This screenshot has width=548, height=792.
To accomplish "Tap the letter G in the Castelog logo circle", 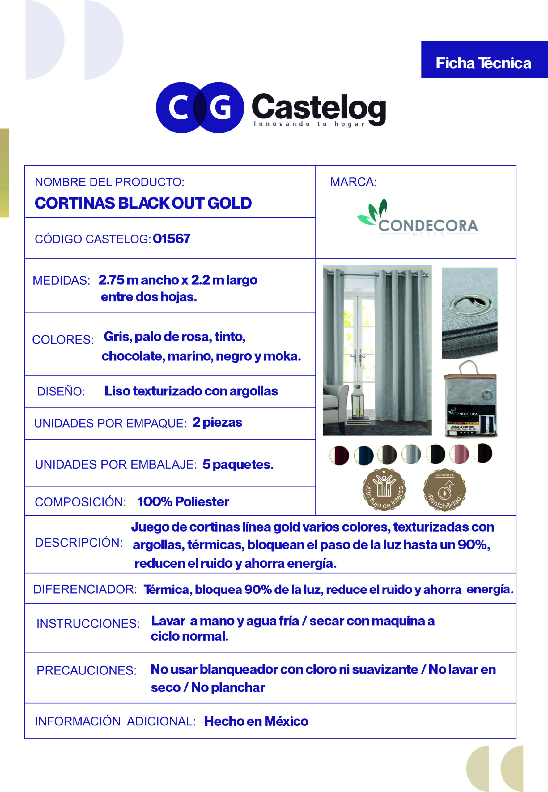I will point(220,108).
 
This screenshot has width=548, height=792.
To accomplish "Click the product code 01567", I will point(171,239).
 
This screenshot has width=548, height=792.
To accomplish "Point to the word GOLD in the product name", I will point(229,203).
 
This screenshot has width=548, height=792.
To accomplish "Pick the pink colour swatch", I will point(459,454).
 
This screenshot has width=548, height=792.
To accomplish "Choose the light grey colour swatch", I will point(411,454).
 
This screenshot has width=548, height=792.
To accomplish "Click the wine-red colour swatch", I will point(339,456).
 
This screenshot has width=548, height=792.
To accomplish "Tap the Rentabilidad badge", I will point(445,490).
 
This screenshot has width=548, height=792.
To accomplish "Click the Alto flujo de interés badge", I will point(384,489).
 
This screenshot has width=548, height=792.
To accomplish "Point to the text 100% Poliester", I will point(183,502).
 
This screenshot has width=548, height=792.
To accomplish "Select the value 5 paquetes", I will point(238,465).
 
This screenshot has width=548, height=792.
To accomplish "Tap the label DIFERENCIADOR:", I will point(85,589).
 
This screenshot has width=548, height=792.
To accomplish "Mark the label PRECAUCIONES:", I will point(87,670).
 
